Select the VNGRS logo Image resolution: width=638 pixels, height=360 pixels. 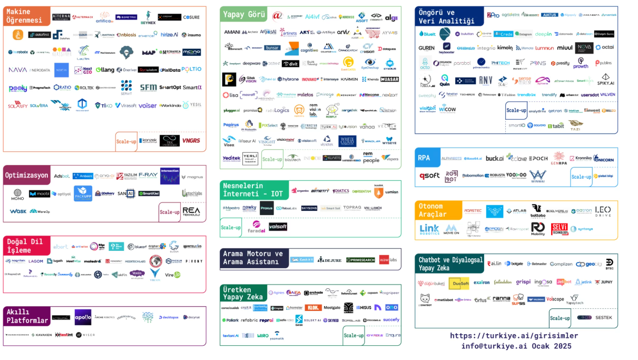coord(191,141)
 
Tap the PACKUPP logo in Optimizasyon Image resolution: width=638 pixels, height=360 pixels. coord(83,193)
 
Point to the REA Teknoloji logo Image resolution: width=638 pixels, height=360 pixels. coord(191,211)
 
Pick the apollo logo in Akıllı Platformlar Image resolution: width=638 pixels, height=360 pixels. coord(83,317)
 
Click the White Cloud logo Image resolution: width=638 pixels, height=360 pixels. coord(347,141)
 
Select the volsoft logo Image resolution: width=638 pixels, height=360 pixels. coord(278,227)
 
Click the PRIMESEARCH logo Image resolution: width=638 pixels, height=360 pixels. coord(360,259)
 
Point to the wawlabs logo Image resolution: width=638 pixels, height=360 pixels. coord(388,259)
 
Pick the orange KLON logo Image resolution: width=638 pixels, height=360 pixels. coord(313,307)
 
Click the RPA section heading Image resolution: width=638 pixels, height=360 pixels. coord(424,158)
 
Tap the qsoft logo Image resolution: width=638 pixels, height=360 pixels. coord(429,176)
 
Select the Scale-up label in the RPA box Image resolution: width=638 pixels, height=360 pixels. coord(581,177)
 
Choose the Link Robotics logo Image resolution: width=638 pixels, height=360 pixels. coord(429,229)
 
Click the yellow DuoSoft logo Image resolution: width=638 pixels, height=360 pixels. coord(458,283)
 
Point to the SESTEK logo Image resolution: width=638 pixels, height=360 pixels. coord(604,317)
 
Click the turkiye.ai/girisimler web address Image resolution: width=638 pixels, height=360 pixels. coord(514,335)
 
